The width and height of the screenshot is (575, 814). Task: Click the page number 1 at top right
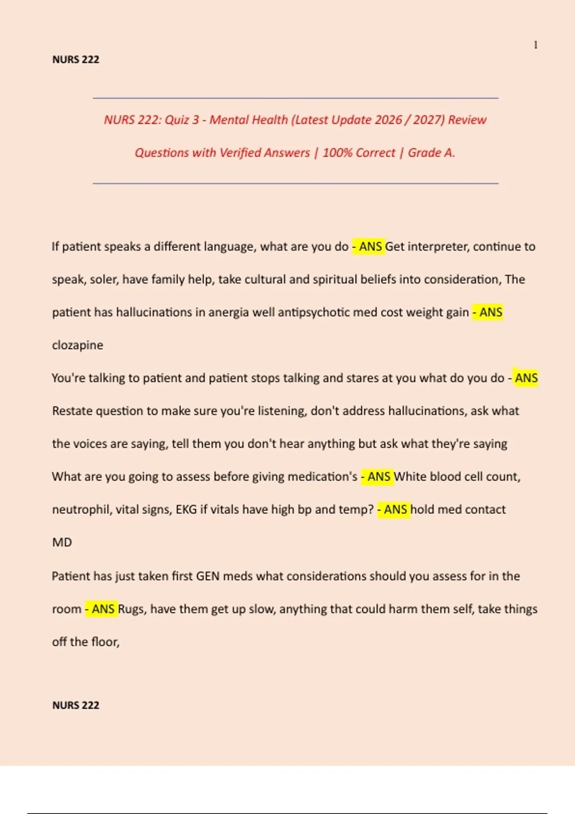(x=535, y=45)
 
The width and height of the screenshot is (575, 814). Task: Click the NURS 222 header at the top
(x=76, y=59)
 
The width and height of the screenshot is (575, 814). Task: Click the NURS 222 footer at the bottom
(x=76, y=705)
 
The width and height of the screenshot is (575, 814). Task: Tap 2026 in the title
(x=388, y=120)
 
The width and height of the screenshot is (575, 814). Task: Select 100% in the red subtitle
(x=337, y=153)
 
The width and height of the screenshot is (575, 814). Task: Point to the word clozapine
(x=77, y=345)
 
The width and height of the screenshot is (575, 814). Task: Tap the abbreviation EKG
(x=186, y=509)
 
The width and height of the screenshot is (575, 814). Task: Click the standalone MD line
(x=62, y=542)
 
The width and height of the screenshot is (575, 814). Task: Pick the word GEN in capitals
(x=207, y=576)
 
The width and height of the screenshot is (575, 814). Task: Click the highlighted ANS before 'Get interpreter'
(x=370, y=247)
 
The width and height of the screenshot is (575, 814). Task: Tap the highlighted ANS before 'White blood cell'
(x=379, y=477)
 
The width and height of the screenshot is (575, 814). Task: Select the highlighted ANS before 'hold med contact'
(x=395, y=509)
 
